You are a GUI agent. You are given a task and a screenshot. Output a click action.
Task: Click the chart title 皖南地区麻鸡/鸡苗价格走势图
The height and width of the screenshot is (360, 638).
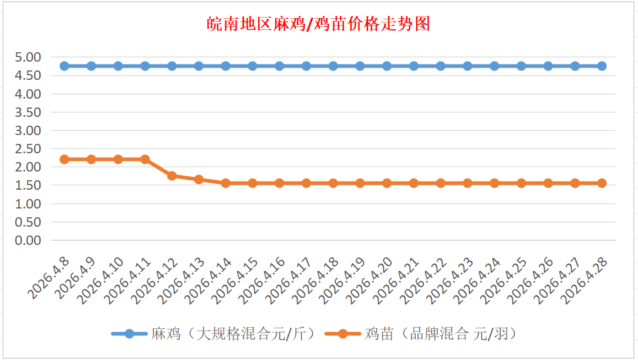(319, 24)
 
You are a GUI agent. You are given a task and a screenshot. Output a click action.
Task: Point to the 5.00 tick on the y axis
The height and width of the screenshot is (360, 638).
(29, 57)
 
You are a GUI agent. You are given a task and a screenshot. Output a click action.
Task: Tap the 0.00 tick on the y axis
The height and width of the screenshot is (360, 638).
(29, 240)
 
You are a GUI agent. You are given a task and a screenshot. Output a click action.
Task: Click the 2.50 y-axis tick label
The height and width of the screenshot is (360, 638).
(29, 149)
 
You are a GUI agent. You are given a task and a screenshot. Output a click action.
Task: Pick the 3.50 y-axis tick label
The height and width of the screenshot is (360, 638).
(29, 112)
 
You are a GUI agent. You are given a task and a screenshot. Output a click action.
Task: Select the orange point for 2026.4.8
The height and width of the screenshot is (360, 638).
(65, 159)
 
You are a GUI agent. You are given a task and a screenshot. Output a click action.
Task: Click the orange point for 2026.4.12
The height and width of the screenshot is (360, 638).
(172, 176)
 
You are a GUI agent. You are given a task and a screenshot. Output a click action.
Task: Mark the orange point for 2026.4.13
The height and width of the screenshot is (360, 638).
(199, 180)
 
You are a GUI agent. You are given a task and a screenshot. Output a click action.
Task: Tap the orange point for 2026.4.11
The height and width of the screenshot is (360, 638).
(145, 159)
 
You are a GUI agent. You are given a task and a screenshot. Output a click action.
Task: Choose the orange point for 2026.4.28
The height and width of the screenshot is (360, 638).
(602, 183)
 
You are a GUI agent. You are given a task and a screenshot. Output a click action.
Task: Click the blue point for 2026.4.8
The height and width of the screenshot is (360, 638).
(65, 66)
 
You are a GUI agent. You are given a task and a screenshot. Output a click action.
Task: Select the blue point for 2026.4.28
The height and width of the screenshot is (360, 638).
(602, 66)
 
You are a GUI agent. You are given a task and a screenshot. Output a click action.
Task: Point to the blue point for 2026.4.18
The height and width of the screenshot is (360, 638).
(333, 66)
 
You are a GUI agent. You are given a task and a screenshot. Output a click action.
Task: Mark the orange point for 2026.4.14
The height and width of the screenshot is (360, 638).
(226, 183)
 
